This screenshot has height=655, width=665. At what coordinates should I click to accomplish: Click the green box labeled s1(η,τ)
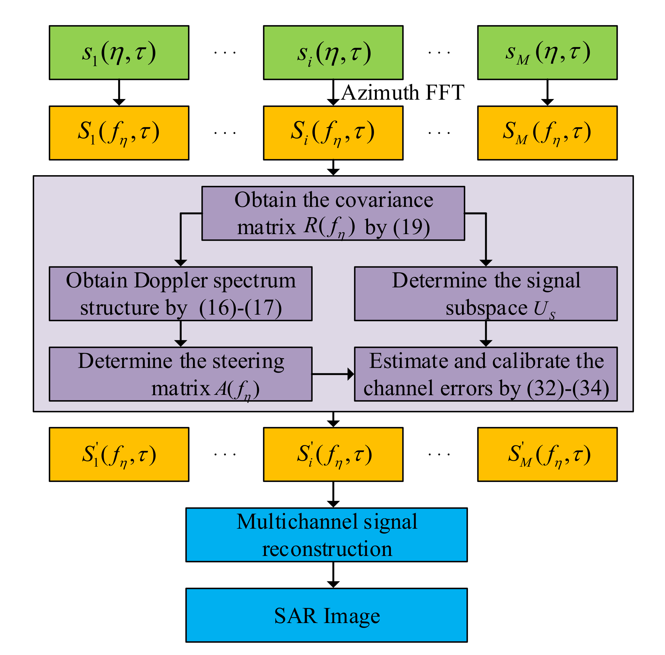[x=119, y=53]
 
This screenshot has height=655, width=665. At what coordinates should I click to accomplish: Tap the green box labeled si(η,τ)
[x=333, y=53]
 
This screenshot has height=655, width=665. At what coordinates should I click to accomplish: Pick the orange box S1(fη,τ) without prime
[x=119, y=133]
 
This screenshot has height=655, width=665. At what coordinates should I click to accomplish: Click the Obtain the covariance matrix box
[x=333, y=213]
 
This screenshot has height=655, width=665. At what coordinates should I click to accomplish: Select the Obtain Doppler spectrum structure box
[x=180, y=294]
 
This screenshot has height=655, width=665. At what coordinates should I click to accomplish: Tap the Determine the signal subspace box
[x=486, y=294]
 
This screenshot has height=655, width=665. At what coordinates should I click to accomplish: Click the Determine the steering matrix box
[x=180, y=374]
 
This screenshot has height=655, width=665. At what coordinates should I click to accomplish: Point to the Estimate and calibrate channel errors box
[x=486, y=374]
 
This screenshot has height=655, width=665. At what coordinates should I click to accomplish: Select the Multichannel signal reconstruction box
[x=326, y=535]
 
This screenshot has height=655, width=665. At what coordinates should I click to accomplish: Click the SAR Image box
[x=326, y=615]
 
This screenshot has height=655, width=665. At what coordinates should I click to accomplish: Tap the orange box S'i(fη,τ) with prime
[x=333, y=454]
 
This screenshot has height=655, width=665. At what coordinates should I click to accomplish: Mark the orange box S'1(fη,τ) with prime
[x=119, y=454]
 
